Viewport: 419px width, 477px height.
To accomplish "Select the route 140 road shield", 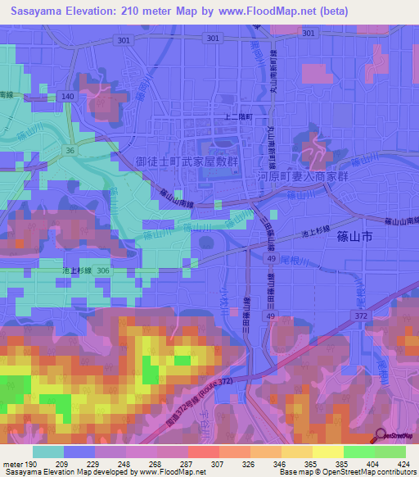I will [67, 97].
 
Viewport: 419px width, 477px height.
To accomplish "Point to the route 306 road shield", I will [103, 270].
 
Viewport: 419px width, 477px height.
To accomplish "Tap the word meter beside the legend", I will [11, 464].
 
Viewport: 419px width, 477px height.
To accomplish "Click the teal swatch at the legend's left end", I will [48, 452].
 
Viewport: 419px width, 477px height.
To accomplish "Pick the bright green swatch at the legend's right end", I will [390, 452].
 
